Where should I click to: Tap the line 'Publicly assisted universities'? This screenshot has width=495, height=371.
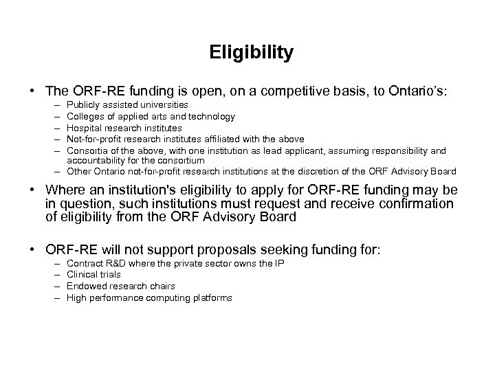tap(129, 105)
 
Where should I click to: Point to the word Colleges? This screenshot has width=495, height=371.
tap(87, 117)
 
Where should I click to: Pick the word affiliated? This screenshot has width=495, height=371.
tap(239, 139)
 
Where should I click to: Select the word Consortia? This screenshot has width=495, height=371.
tap(90, 150)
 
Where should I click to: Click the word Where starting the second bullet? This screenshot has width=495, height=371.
tap(63, 191)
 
